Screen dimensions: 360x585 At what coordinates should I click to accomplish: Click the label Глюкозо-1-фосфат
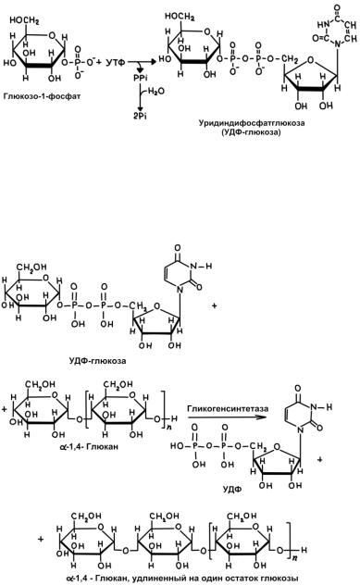(43, 96)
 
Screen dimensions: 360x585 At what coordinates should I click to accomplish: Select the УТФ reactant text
(116, 62)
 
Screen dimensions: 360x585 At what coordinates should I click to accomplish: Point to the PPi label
(141, 79)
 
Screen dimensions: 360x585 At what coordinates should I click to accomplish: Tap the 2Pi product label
(141, 116)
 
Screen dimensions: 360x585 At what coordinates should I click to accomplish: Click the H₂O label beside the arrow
(155, 92)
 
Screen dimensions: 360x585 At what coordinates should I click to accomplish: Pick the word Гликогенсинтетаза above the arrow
(228, 408)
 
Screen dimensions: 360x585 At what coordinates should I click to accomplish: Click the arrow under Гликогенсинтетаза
(227, 417)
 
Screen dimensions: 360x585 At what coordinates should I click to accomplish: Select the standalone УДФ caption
(232, 490)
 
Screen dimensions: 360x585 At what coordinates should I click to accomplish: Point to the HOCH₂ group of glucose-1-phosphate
(24, 20)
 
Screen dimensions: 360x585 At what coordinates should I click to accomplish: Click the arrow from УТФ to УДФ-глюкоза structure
(143, 62)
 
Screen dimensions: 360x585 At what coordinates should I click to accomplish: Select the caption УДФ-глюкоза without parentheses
(97, 361)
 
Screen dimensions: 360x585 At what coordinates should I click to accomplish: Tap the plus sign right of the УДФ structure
(319, 459)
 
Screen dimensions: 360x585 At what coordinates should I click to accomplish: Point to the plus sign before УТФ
(99, 61)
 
